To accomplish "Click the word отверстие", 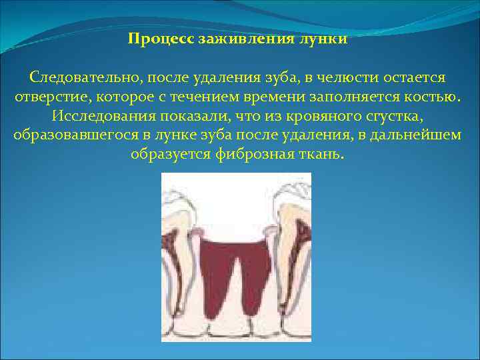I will (52, 97).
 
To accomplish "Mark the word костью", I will (431, 97).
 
